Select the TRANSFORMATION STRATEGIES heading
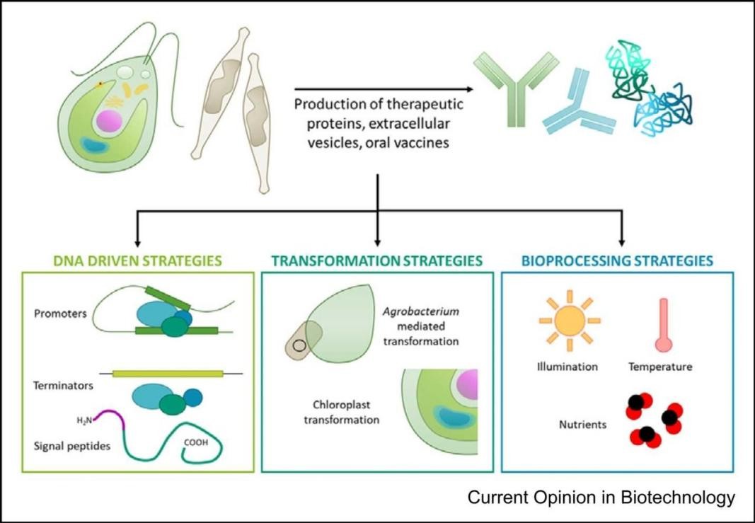377,261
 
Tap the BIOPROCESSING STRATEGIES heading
617,261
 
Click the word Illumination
567,367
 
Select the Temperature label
660,367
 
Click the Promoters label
59,313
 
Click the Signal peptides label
71,447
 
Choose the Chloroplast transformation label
342,413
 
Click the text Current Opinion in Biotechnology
601,498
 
